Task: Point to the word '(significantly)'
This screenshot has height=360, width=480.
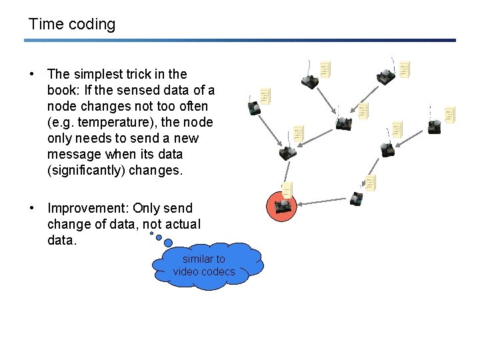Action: (87, 171)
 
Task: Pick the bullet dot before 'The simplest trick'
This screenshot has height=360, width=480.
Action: (32, 75)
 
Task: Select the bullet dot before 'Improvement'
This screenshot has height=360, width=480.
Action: (32, 208)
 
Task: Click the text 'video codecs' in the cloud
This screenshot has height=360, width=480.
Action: (204, 272)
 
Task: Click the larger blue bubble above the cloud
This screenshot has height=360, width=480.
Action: (158, 242)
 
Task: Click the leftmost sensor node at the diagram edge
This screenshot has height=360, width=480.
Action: (254, 109)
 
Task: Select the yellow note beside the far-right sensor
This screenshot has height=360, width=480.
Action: (450, 115)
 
